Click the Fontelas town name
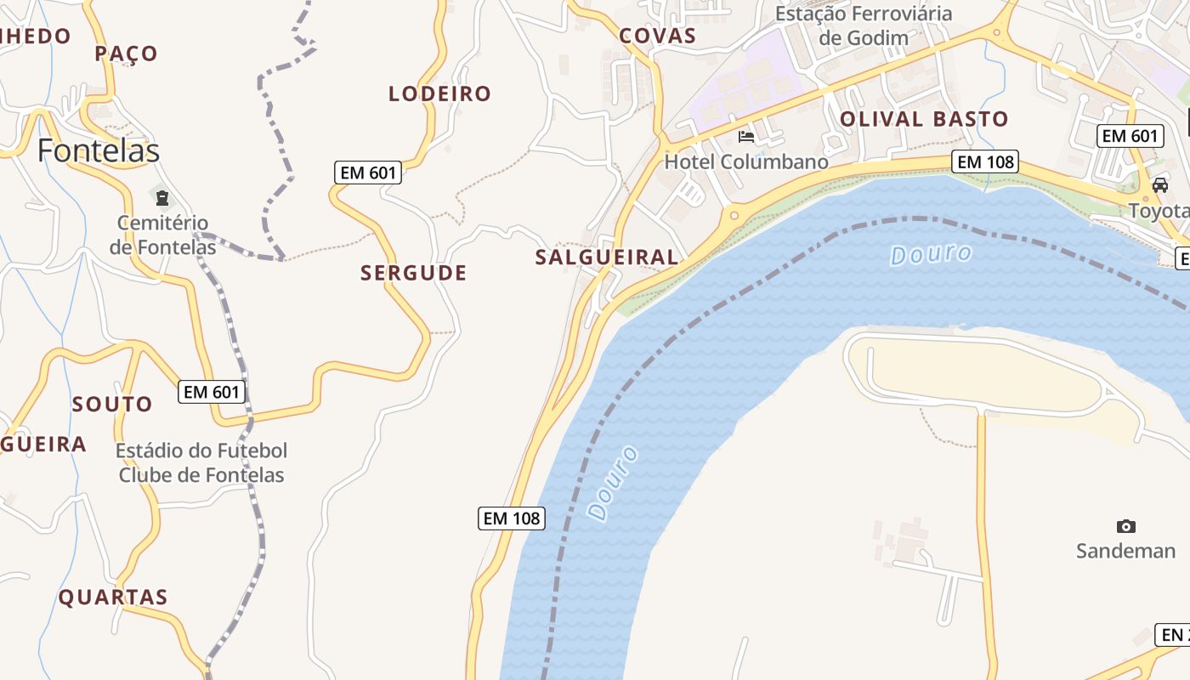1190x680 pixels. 98,150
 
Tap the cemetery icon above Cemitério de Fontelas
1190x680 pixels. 161,199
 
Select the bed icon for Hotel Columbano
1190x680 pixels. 746,136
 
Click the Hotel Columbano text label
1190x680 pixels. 745,161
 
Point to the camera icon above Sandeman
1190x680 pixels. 1125,526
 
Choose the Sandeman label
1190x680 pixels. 1125,551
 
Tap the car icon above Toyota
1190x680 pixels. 1159,185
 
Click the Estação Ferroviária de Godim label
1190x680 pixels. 864,25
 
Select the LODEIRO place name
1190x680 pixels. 439,93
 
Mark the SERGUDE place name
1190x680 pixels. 413,273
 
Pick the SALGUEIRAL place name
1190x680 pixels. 607,257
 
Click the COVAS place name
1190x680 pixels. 657,36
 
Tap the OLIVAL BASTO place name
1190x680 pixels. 924,119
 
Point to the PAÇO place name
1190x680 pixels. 126,54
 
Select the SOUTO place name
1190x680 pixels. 112,404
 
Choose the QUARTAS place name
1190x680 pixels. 113,597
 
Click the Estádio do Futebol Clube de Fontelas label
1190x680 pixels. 201,462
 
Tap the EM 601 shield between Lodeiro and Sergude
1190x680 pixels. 368,173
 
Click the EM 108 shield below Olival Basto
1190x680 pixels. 985,161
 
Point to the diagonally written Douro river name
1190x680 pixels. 613,482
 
